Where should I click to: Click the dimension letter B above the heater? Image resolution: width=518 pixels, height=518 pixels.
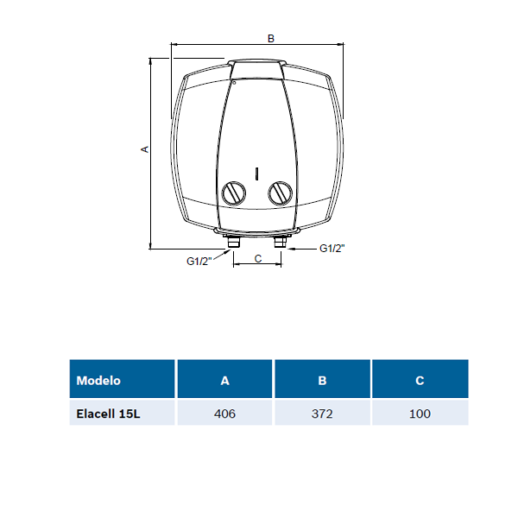coord(271,39)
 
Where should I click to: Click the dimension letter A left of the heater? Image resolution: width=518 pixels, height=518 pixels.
coord(145,149)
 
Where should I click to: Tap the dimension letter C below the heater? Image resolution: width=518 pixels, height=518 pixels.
coord(258,259)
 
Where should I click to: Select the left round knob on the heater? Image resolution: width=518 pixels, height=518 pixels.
coord(234,193)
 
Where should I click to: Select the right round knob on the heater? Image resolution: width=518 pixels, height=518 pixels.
coord(280,193)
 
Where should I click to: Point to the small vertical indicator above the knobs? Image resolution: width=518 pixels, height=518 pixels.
coord(256,174)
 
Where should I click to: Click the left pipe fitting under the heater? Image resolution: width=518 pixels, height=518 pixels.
coord(234,241)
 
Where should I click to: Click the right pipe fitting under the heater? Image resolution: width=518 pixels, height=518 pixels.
coord(281,241)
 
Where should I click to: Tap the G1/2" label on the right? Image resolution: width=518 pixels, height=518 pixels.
coord(332,249)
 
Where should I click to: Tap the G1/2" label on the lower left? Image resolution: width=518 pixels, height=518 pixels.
coord(199,262)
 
